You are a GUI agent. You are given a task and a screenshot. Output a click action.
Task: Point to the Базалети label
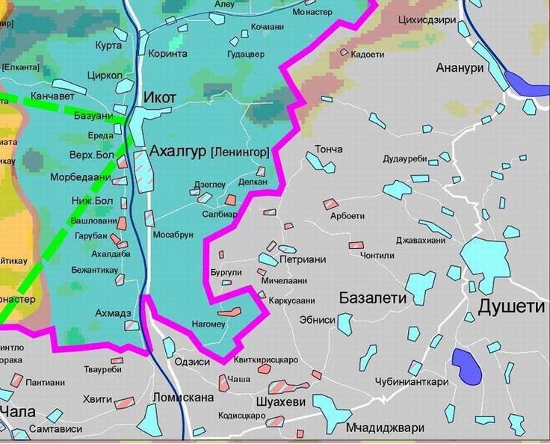click(372, 297)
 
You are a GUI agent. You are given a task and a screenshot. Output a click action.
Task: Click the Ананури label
click(460, 68)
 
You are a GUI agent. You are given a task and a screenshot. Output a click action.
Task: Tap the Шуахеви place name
click(281, 402)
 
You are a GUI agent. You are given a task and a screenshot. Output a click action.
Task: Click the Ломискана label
click(182, 398)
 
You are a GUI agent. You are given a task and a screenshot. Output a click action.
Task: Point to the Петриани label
click(303, 260)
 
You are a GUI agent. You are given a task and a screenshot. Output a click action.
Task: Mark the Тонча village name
click(329, 149)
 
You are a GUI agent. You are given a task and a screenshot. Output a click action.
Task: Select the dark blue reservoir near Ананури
click(525, 81)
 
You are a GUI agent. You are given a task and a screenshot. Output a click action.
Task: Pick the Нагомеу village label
click(208, 323)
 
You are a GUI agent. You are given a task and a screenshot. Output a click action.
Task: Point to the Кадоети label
click(367, 54)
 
